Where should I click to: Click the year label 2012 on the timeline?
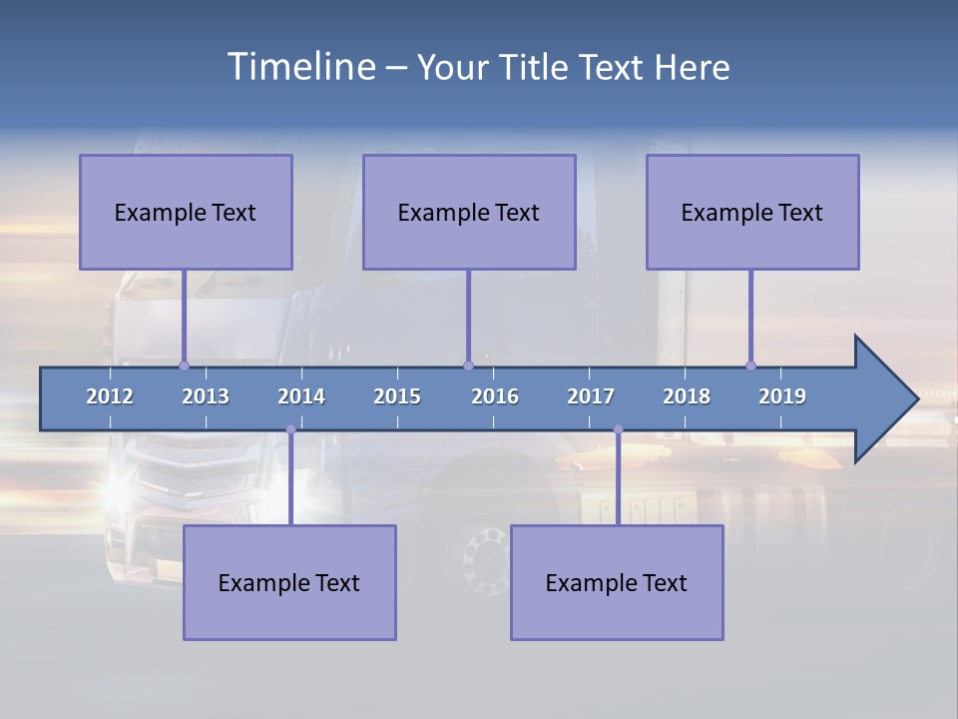tap(110, 396)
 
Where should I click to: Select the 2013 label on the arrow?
tap(206, 396)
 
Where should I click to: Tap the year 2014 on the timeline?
tap(301, 396)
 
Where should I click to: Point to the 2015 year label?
tap(397, 396)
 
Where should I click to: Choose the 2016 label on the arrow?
tap(495, 396)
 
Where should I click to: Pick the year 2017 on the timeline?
tap(591, 396)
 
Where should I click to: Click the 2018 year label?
tap(687, 396)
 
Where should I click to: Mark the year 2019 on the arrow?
tap(782, 396)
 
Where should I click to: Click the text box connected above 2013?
tap(186, 212)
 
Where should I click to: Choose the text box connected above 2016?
tap(469, 212)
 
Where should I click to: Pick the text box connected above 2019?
tap(752, 212)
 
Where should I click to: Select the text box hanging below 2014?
tap(289, 582)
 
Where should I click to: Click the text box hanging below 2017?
tap(617, 582)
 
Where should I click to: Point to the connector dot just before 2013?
tap(184, 365)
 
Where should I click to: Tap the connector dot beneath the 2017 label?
tap(618, 429)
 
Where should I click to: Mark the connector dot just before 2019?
tap(750, 365)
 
